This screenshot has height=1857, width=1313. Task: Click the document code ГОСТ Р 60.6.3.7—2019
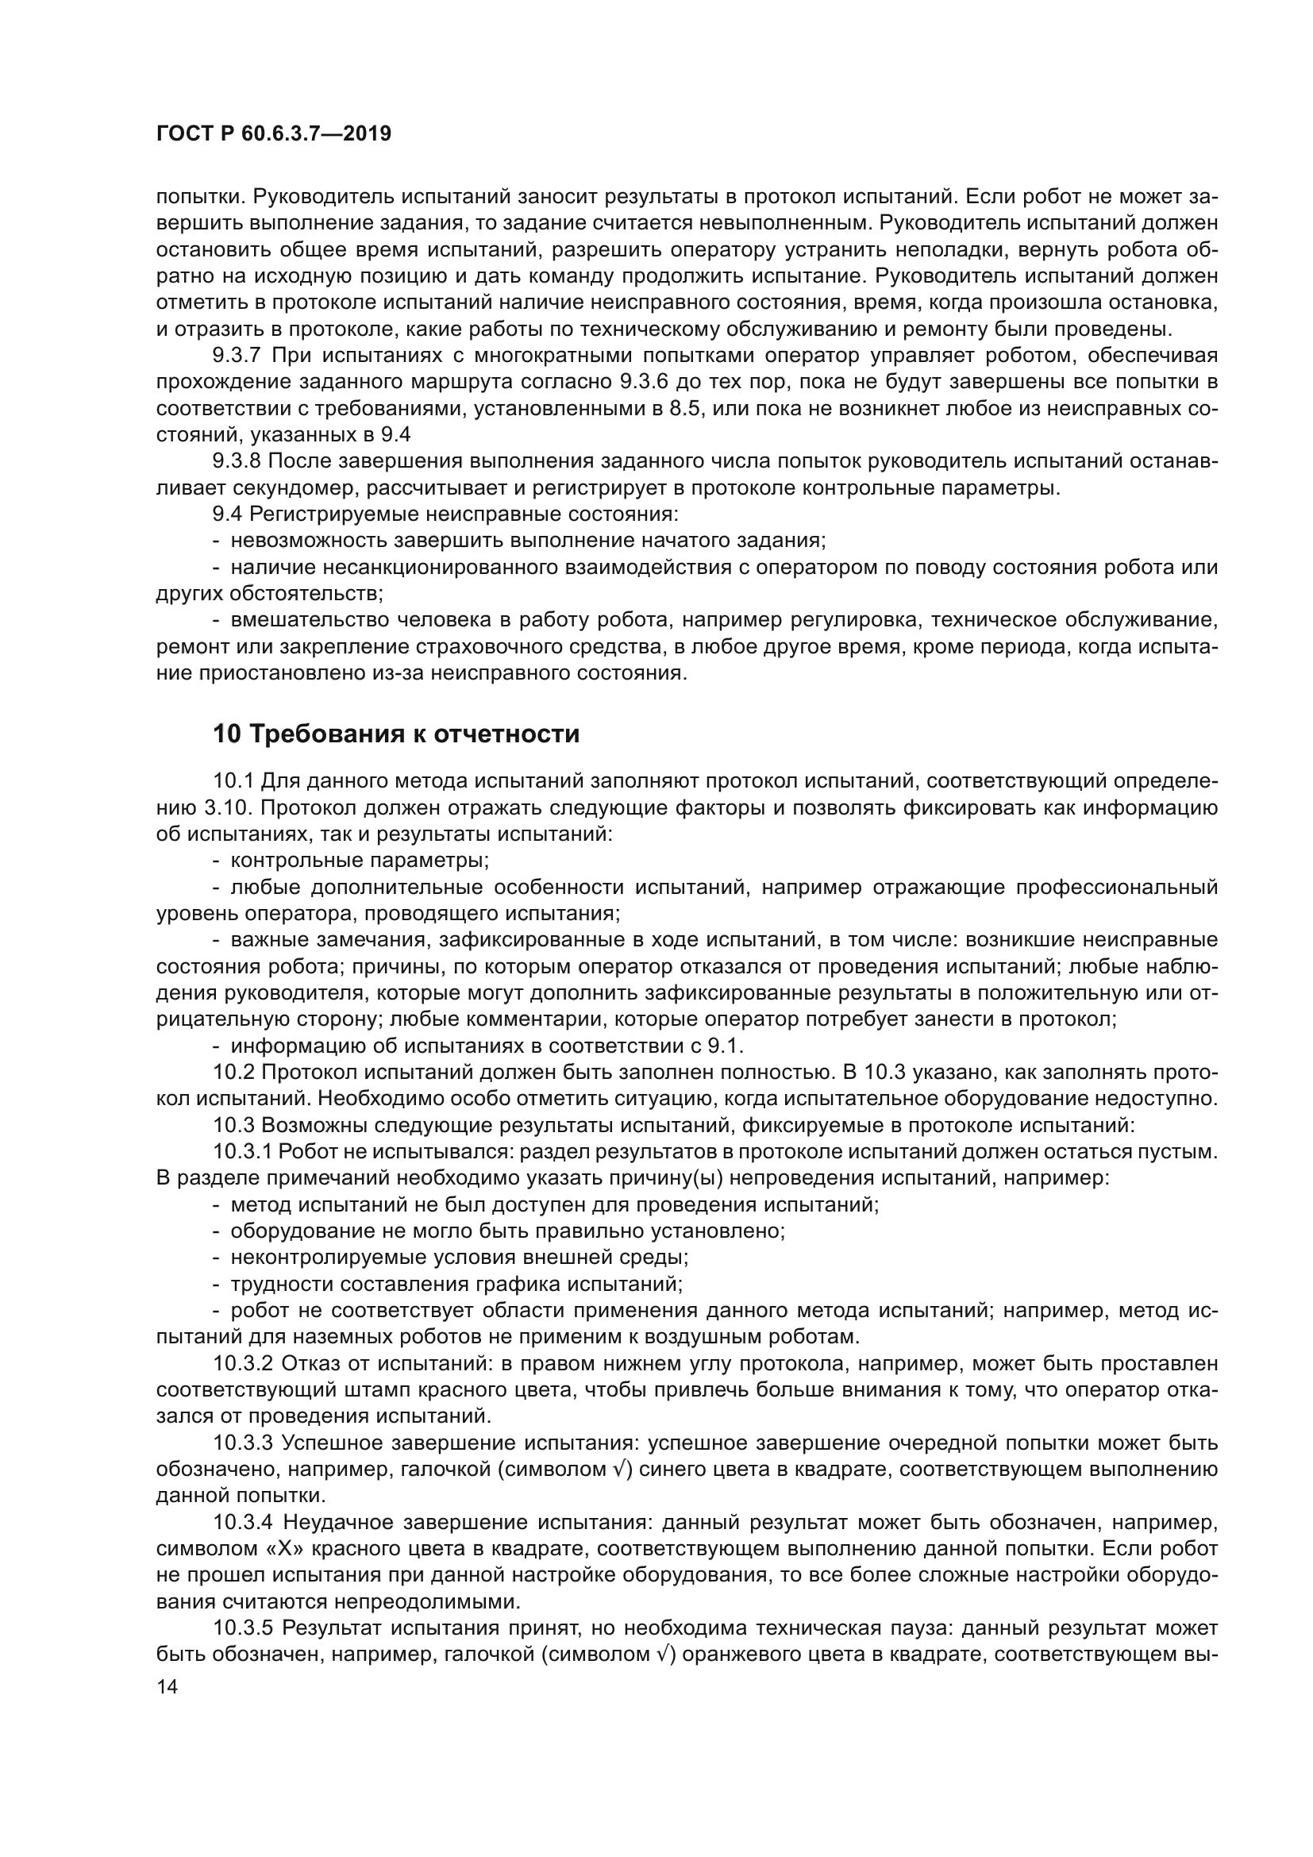pos(273,133)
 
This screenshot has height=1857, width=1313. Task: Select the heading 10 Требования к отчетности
pos(396,734)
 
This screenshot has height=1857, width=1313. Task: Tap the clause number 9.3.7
pos(237,355)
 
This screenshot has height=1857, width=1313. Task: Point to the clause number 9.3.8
pos(237,461)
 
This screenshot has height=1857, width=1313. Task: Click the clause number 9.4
pos(227,514)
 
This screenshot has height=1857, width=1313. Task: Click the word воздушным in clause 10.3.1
pos(687,1337)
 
